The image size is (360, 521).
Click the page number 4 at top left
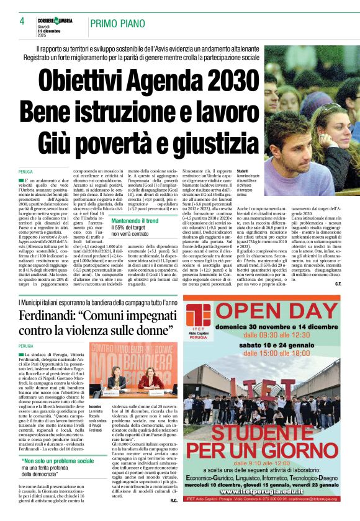(x=22, y=21)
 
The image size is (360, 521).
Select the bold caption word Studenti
(x=243, y=171)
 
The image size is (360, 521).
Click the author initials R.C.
(x=174, y=499)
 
